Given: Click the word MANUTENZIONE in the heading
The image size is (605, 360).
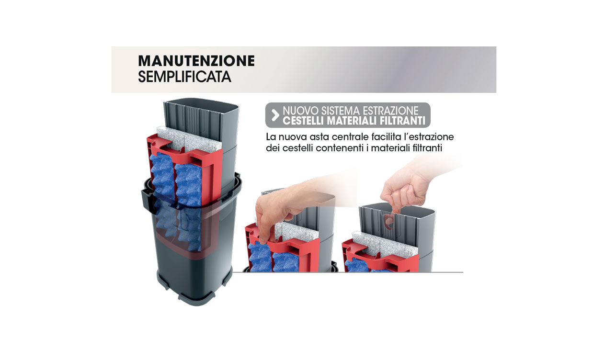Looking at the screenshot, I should click(196, 61).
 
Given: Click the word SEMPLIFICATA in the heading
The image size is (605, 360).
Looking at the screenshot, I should click(184, 77).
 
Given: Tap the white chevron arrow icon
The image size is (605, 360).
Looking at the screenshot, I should click(275, 115).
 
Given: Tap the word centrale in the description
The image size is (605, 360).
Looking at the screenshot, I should click(357, 137).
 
